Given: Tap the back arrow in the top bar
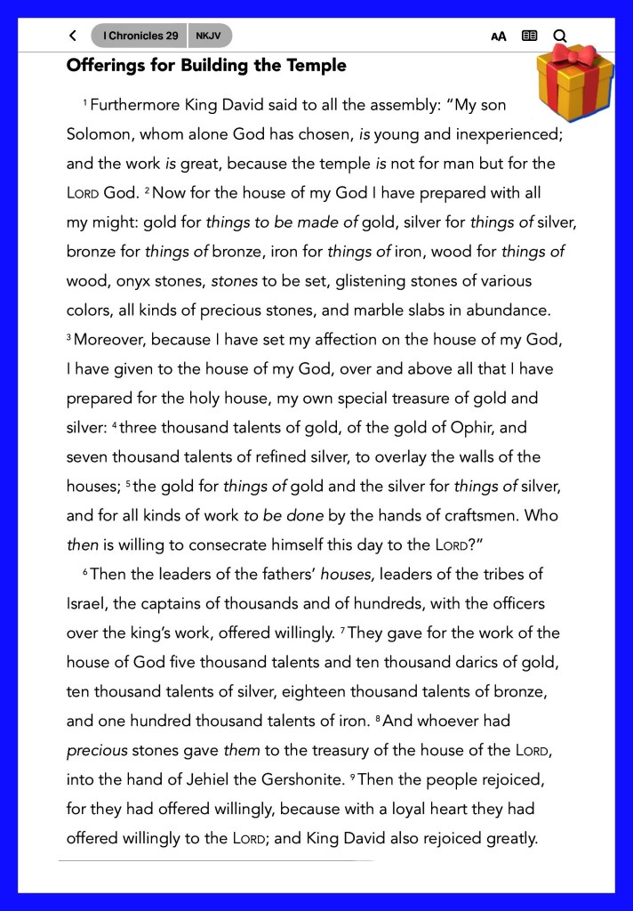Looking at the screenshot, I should (x=72, y=36).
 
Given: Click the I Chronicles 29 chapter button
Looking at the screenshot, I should (x=140, y=36).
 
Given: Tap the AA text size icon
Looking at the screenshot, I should (x=499, y=36).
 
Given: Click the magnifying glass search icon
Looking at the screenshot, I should (x=560, y=36).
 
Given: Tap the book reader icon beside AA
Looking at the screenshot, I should (x=530, y=36).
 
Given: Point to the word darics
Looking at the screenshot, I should (x=437, y=662).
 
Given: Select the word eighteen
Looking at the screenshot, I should (x=332, y=691).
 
